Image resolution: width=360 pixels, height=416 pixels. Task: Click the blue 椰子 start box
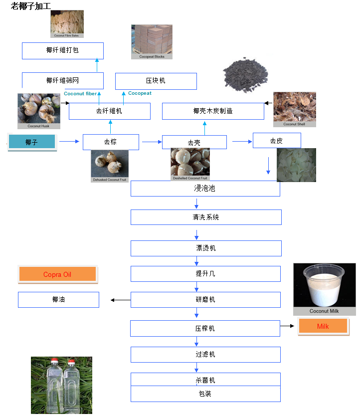point(32,142)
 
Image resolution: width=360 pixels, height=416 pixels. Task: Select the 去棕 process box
point(111,142)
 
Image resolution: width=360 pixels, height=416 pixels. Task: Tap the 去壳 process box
point(194,143)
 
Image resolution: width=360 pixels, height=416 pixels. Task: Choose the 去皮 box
point(277,141)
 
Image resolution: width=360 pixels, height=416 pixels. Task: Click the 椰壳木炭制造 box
point(213,111)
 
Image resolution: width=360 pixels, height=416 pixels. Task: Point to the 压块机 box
point(156,81)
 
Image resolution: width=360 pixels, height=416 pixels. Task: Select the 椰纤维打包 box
point(62,50)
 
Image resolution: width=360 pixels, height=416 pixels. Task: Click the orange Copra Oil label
point(57,274)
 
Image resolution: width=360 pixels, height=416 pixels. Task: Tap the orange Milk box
point(323,326)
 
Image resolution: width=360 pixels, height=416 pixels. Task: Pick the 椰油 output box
point(58,300)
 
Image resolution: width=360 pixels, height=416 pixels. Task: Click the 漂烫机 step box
point(206,248)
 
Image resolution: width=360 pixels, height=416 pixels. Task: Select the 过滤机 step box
point(205,354)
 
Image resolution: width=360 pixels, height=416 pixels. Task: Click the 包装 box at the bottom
point(205,394)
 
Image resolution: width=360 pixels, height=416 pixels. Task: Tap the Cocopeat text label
point(140,93)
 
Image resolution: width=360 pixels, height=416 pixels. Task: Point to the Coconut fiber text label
point(80,94)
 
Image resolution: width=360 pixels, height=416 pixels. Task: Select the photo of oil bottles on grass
point(61,385)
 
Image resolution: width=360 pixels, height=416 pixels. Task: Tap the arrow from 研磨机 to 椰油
point(120,300)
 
